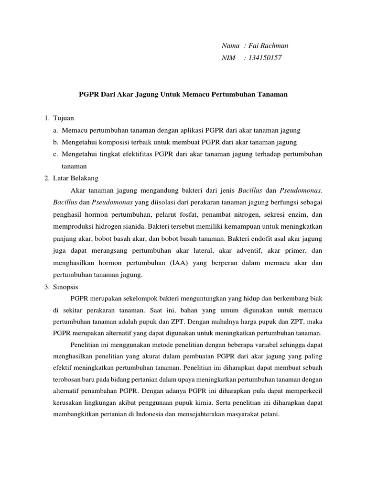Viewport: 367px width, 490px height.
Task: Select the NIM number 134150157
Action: point(262,58)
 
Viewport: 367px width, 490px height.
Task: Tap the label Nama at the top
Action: point(231,45)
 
